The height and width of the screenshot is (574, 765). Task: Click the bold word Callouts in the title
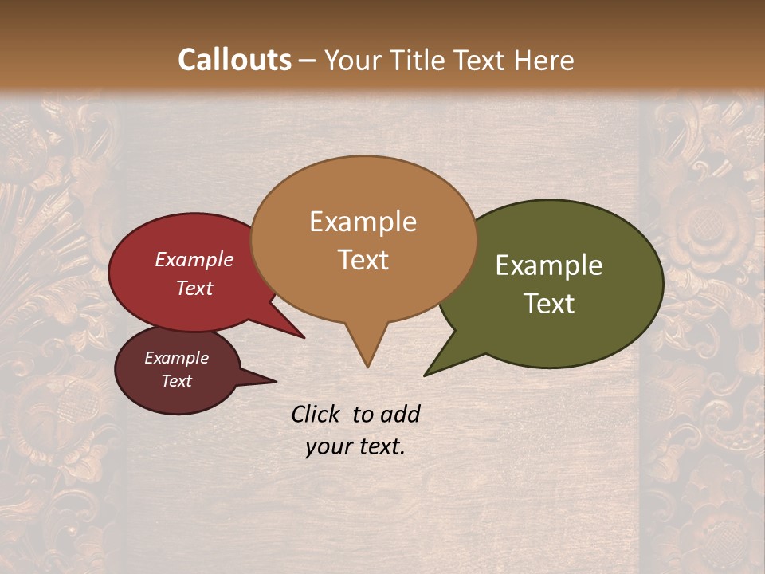click(234, 60)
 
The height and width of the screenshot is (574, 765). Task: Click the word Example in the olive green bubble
click(549, 265)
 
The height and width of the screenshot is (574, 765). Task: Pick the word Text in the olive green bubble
click(549, 304)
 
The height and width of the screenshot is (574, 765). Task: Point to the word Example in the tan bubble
click(363, 222)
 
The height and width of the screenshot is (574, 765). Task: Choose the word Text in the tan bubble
click(363, 260)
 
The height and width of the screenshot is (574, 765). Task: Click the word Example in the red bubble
click(194, 259)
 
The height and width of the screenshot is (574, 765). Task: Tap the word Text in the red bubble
click(194, 288)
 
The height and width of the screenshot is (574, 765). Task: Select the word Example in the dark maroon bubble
click(176, 358)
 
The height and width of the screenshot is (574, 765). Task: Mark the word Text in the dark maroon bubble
click(176, 381)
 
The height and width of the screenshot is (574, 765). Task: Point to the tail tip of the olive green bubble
click(426, 374)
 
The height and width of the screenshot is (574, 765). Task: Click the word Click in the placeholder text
click(318, 414)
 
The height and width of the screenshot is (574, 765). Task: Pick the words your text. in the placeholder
click(355, 447)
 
